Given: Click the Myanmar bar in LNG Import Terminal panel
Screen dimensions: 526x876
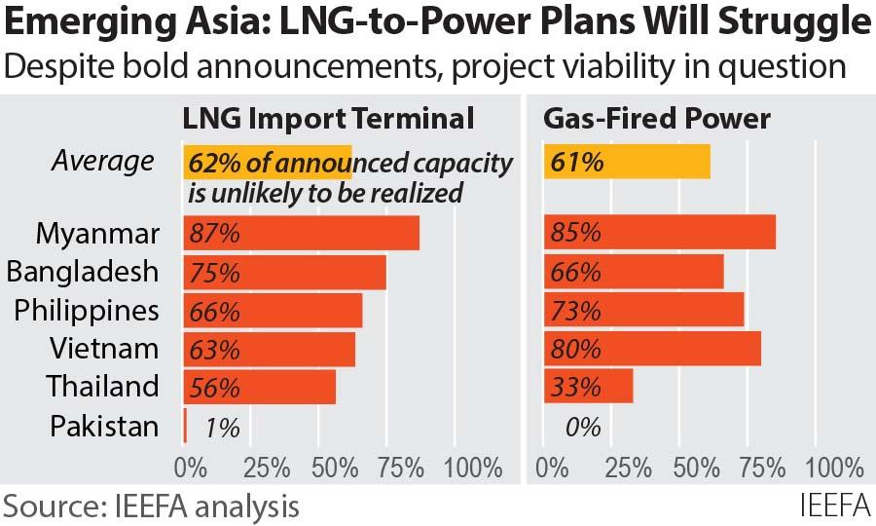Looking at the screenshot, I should (302, 234).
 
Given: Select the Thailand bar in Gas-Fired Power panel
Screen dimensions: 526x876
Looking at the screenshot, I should (589, 387).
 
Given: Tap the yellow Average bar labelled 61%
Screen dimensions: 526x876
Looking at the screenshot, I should (627, 162).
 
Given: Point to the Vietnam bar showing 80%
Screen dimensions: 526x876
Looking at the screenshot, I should (652, 349).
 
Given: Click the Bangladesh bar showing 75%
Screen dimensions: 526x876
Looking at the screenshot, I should (285, 272).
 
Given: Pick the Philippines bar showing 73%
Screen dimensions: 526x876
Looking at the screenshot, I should (644, 310).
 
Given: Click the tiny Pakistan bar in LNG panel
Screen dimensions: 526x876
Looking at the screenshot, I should (185, 426).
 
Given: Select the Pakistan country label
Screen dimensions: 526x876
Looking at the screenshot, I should (104, 426).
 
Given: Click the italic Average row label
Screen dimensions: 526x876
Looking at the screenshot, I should (103, 161).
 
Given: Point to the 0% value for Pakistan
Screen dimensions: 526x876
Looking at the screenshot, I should (583, 427).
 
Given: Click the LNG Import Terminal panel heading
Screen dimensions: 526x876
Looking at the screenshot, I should (328, 119).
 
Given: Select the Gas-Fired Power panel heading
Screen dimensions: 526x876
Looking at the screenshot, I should (657, 119).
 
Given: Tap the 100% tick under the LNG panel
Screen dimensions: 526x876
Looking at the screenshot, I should (472, 469).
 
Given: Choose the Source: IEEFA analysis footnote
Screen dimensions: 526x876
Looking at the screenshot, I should (151, 507).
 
